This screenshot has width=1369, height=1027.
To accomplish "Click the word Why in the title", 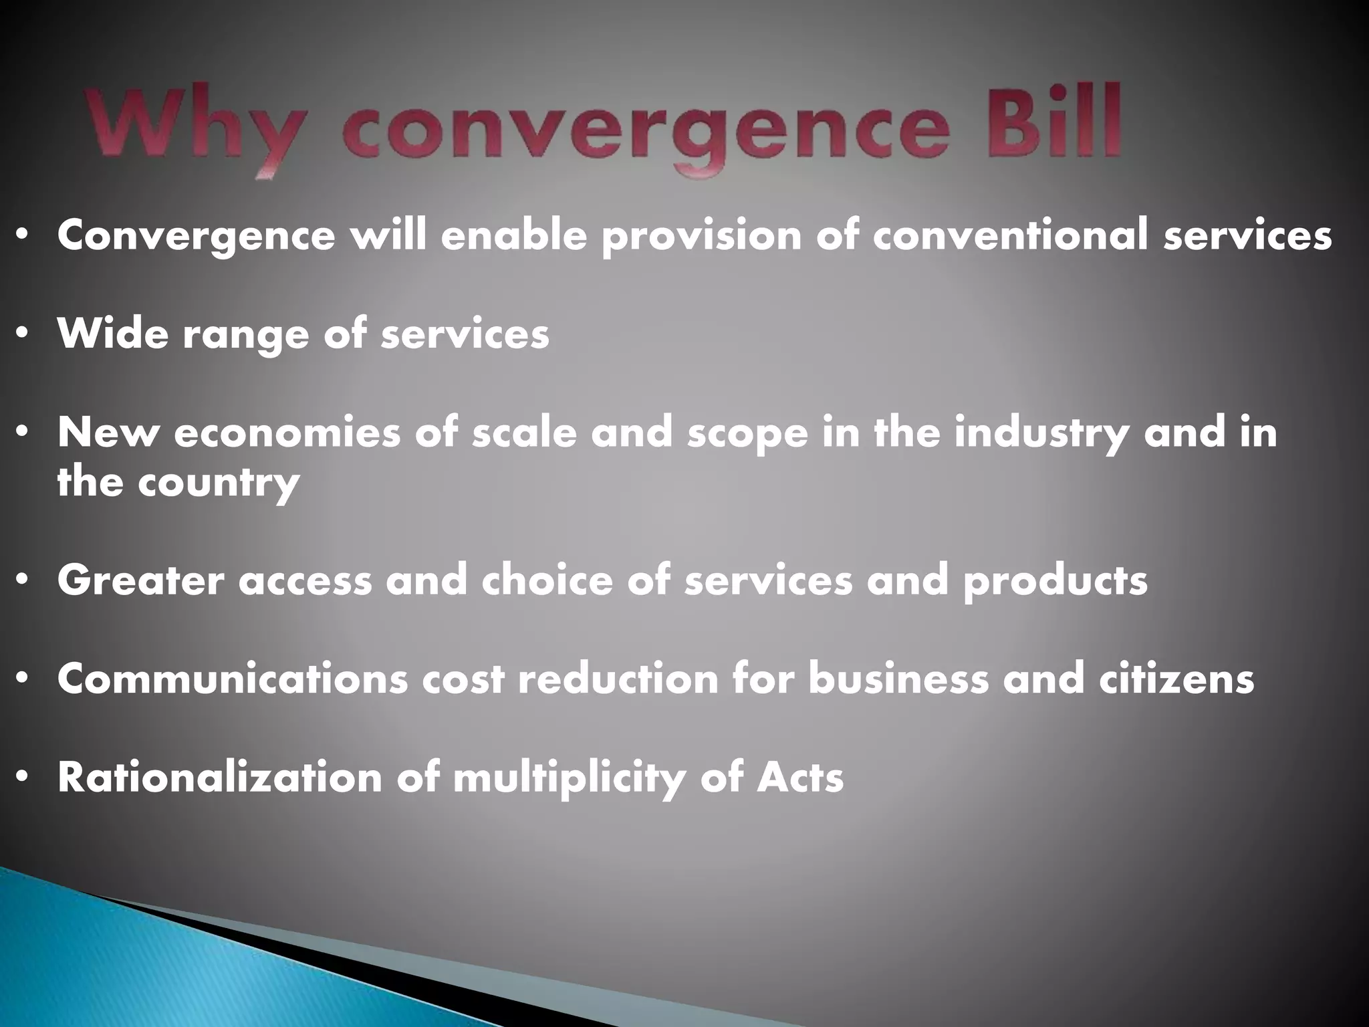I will click(191, 130).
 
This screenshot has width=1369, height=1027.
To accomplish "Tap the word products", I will click(1055, 581).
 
